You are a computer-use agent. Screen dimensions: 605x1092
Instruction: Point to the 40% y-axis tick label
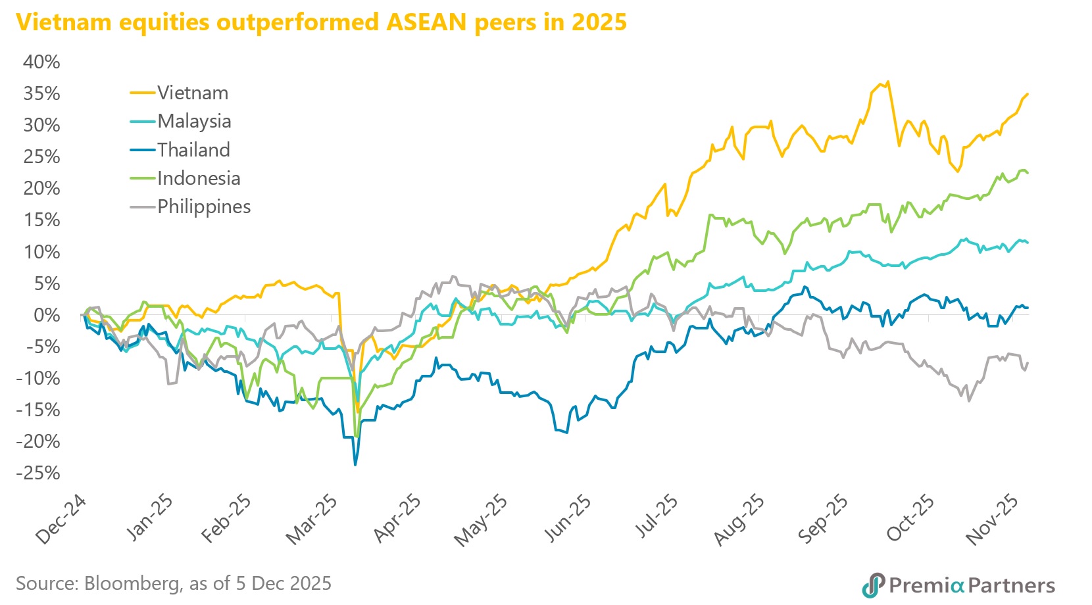coord(41,62)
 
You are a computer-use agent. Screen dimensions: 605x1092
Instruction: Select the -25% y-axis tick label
coord(39,473)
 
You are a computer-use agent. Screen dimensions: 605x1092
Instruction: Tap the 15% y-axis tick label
coord(41,220)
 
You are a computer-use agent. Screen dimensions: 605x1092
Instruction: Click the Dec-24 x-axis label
coord(61,520)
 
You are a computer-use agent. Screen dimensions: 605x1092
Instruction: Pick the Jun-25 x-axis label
coord(568,520)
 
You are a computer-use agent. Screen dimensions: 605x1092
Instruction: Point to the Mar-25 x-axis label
coord(313,520)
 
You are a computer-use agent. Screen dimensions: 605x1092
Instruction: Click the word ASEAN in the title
coord(427,22)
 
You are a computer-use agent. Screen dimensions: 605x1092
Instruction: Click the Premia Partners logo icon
coord(873,585)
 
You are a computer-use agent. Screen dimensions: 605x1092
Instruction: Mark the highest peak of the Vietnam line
coord(888,82)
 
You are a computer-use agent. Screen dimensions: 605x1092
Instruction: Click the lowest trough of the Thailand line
coord(355,465)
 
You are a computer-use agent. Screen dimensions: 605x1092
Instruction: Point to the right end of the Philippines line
coord(1028,362)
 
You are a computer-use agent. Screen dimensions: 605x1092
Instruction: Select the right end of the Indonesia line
coord(1028,173)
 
